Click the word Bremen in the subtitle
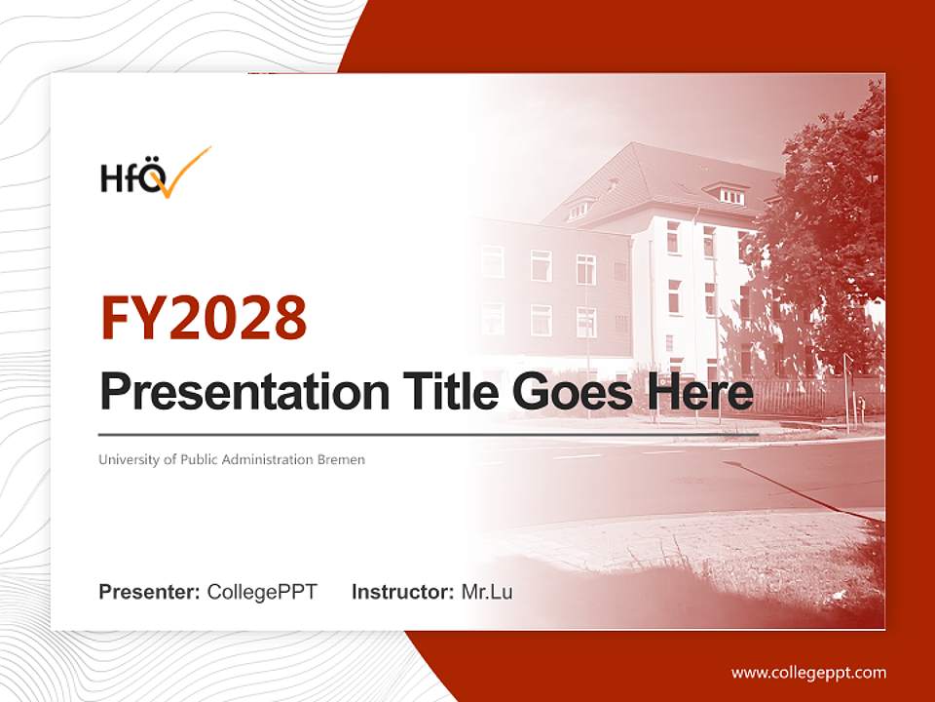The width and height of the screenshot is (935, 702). click(341, 459)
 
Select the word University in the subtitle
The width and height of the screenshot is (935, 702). click(127, 459)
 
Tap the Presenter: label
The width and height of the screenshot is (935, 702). click(150, 592)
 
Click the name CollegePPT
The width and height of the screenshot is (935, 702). click(262, 592)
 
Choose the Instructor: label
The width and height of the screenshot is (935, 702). click(402, 592)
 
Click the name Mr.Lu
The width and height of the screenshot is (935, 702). click(487, 592)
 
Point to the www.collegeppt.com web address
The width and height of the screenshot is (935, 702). click(808, 673)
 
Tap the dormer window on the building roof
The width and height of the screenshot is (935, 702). click(731, 195)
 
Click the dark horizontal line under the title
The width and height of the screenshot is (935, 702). click(429, 434)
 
